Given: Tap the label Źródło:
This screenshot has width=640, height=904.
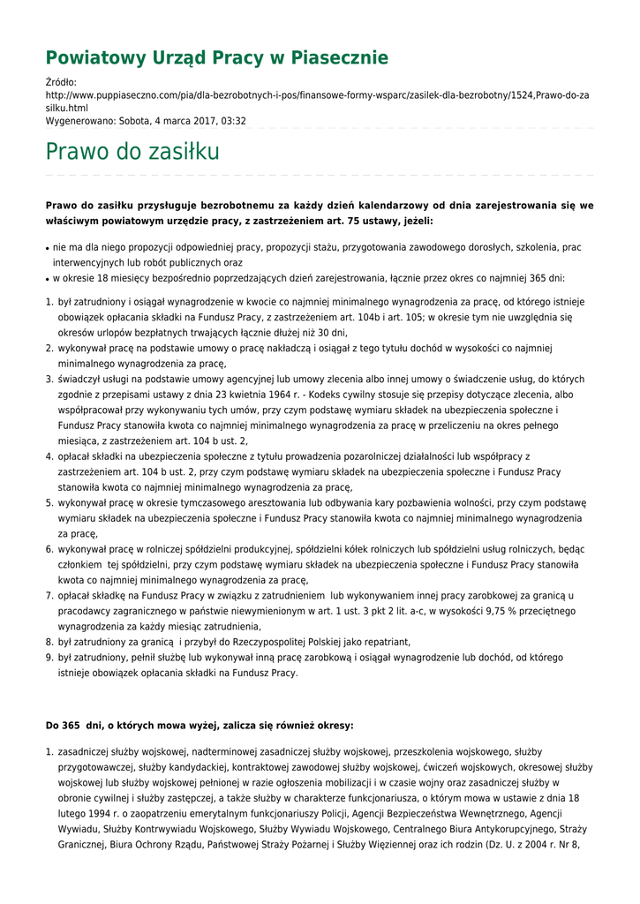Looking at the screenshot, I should pyautogui.click(x=62, y=82).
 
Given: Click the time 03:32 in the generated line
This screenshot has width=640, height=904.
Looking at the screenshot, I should pyautogui.click(x=233, y=121).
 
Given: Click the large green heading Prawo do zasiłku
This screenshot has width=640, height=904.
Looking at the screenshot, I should pyautogui.click(x=132, y=152).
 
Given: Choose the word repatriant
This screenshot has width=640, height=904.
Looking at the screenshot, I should pyautogui.click(x=383, y=642).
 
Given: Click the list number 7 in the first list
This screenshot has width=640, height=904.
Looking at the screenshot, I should pyautogui.click(x=49, y=596).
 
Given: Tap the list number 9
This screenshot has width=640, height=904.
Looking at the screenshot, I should pyautogui.click(x=49, y=658).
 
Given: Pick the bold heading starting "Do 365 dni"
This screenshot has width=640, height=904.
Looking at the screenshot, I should pyautogui.click(x=200, y=726).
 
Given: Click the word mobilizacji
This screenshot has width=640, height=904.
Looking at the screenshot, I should pyautogui.click(x=321, y=782).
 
